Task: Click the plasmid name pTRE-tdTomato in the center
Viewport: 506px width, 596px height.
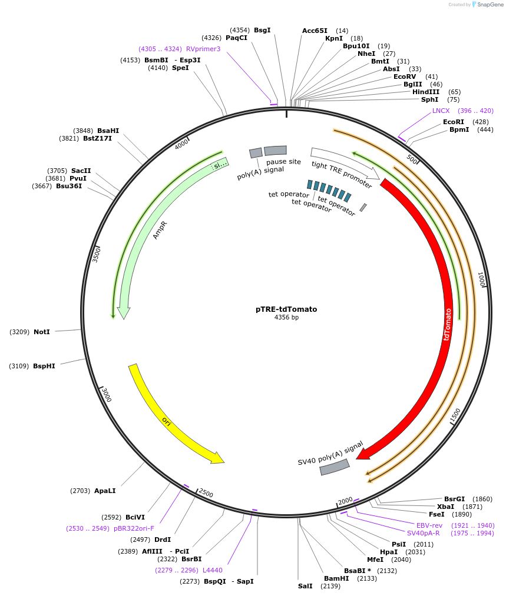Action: click(286, 309)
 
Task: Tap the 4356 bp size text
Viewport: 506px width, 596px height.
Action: click(286, 318)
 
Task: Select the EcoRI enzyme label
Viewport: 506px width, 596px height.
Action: click(453, 122)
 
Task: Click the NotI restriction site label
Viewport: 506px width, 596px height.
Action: click(42, 332)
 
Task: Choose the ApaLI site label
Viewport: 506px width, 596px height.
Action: click(105, 490)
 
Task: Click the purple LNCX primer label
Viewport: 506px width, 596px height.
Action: click(441, 111)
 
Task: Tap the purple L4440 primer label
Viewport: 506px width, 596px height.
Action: click(213, 570)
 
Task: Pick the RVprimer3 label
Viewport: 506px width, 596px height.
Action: click(203, 49)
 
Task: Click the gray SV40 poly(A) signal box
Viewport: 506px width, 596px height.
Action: click(335, 467)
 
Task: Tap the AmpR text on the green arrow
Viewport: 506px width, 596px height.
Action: click(160, 229)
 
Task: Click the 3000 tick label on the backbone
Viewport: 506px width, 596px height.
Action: click(106, 394)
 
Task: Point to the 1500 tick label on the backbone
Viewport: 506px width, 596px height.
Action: click(455, 415)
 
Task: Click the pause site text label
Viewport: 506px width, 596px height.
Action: click(283, 161)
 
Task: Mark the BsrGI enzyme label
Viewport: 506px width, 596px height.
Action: click(454, 499)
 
